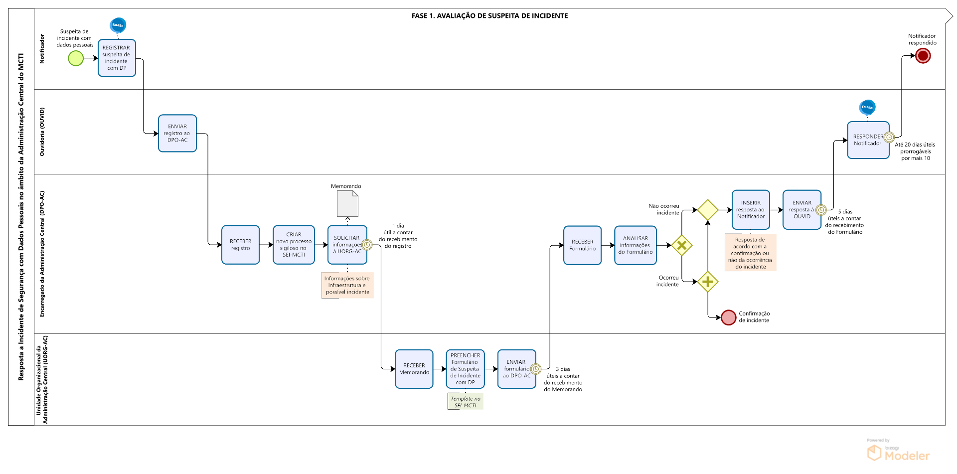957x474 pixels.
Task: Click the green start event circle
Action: click(x=76, y=58)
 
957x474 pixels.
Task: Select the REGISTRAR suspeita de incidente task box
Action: click(x=117, y=58)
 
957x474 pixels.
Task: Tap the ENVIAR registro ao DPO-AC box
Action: click(x=177, y=133)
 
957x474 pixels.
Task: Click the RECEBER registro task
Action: click(x=240, y=245)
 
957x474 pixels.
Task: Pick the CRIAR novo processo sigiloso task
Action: click(x=294, y=245)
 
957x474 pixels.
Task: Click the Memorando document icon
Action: click(x=347, y=204)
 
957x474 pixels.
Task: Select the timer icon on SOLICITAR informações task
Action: click(x=367, y=245)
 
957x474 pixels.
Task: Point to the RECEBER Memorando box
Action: click(x=414, y=369)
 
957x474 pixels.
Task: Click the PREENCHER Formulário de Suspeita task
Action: click(x=465, y=369)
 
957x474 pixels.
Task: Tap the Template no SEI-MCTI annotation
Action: click(x=466, y=402)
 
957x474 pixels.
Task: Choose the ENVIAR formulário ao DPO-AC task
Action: click(x=516, y=369)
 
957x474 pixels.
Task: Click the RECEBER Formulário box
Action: click(x=582, y=245)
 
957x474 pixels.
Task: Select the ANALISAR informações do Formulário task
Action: click(x=635, y=245)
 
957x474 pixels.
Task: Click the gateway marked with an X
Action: click(x=682, y=245)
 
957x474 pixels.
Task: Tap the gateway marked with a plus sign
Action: click(x=708, y=282)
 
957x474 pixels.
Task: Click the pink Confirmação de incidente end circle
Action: click(x=728, y=317)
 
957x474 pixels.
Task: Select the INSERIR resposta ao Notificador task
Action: click(x=751, y=210)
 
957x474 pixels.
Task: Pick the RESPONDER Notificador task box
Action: click(x=868, y=140)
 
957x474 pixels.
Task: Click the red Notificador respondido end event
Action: click(x=923, y=56)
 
